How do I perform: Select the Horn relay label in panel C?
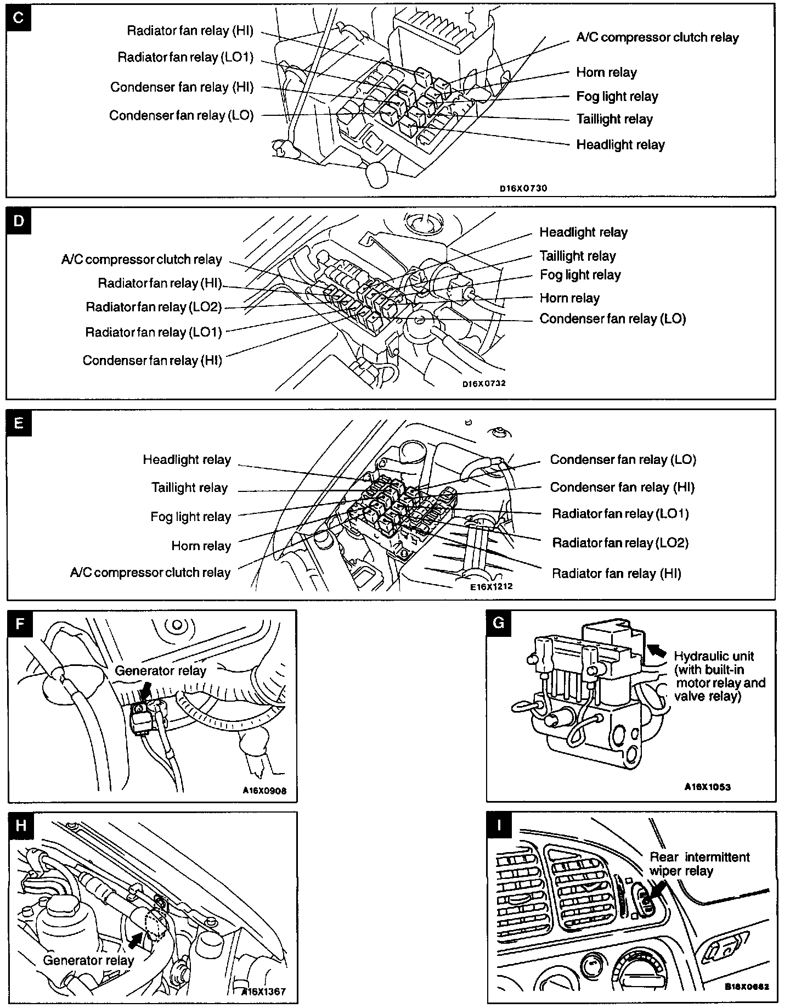[606, 72]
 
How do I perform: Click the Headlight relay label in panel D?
[583, 232]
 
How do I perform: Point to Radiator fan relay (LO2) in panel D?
[154, 307]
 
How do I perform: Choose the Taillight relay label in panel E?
[189, 488]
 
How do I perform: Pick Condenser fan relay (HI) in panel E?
[622, 488]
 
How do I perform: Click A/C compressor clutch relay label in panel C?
[657, 37]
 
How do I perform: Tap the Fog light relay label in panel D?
[580, 275]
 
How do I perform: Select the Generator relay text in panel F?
[160, 670]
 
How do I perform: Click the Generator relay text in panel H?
[88, 960]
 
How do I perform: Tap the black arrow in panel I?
[658, 890]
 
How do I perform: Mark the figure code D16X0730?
[523, 188]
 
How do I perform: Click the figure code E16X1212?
[491, 586]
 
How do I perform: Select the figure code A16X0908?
[264, 791]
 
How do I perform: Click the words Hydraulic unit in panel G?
[714, 656]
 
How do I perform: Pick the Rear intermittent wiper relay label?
[699, 864]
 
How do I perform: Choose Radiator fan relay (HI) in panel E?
[616, 574]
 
